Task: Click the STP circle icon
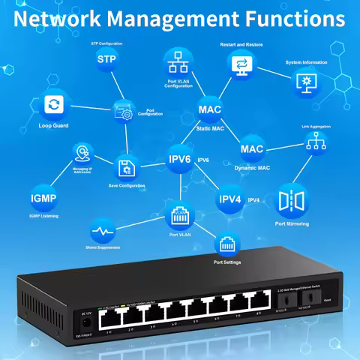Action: pyautogui.click(x=107, y=59)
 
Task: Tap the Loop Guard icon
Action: pyautogui.click(x=54, y=104)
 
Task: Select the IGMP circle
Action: pyautogui.click(x=43, y=199)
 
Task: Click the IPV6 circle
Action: pyautogui.click(x=180, y=160)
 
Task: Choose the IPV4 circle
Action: pyautogui.click(x=229, y=200)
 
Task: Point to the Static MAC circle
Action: pyautogui.click(x=210, y=110)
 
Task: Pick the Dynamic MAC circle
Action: pyautogui.click(x=252, y=148)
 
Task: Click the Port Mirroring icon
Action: pyautogui.click(x=292, y=200)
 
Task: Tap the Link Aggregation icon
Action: pyautogui.click(x=315, y=144)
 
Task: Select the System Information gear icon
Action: pyautogui.click(x=307, y=80)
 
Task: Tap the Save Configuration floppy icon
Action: pyautogui.click(x=126, y=166)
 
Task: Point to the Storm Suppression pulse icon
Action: pyautogui.click(x=104, y=229)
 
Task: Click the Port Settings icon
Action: pyautogui.click(x=227, y=244)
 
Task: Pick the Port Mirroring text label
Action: pyautogui.click(x=292, y=223)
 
